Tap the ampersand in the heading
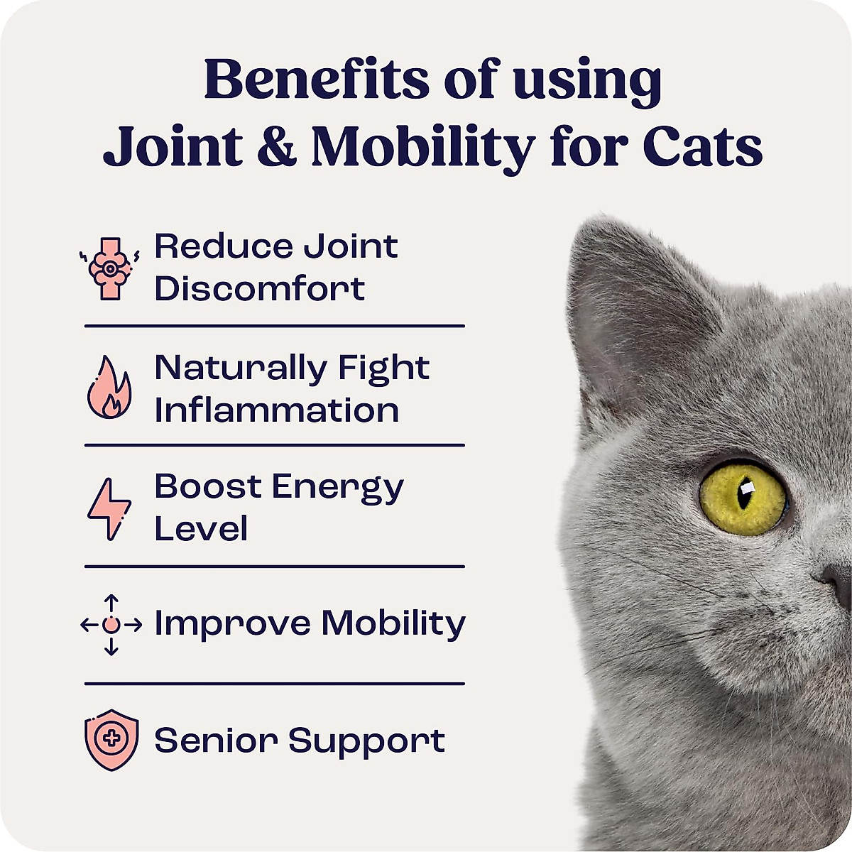click(x=276, y=148)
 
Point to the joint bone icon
click(x=109, y=268)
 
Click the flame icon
click(x=109, y=388)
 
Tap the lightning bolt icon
click(x=109, y=508)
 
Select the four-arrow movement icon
click(x=111, y=625)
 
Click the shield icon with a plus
click(x=111, y=739)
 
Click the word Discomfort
click(x=260, y=289)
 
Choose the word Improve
click(x=232, y=623)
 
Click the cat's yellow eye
click(x=743, y=497)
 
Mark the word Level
click(x=201, y=529)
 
